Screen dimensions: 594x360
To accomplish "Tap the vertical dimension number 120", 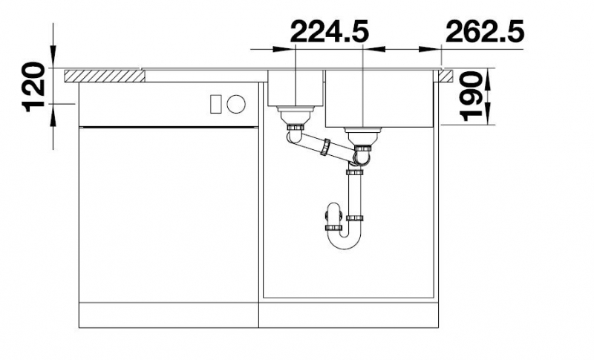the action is point(35,87).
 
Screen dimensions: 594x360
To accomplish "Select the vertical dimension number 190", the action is point(471,96).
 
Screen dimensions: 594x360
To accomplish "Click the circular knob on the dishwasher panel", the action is point(236,103).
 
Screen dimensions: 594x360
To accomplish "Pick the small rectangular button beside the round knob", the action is point(215,103).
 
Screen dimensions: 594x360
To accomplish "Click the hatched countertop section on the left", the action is point(105,76).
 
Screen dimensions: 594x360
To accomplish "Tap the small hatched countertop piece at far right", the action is point(446,76).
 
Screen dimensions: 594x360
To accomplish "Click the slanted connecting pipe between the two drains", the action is point(324,147).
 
